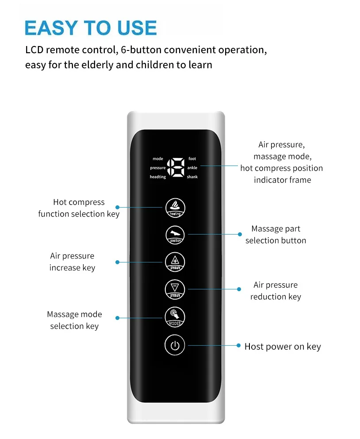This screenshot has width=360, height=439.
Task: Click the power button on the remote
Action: pos(175,346)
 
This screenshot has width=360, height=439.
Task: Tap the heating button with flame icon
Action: pos(175,207)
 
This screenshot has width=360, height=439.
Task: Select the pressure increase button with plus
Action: pos(175,262)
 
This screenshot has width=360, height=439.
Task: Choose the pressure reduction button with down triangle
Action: pos(175,289)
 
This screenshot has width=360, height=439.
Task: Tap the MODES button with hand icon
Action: pos(175,317)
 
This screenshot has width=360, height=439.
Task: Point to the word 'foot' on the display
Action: pos(192,158)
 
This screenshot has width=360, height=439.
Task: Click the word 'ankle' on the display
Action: pos(192,168)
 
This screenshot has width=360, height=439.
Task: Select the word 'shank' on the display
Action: pos(192,177)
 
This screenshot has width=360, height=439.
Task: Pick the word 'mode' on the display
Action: pos(158,158)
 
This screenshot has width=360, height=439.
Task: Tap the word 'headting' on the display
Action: pos(158,177)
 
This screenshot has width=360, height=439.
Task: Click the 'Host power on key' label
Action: pos(283,347)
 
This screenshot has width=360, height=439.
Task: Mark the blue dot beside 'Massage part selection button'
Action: pos(240,235)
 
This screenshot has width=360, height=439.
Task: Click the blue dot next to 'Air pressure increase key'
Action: pos(117,262)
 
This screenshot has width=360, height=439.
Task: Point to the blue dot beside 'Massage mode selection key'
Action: pos(117,318)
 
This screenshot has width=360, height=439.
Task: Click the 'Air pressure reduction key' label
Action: pos(276,291)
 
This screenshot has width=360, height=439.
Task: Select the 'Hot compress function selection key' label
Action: pos(79,208)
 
